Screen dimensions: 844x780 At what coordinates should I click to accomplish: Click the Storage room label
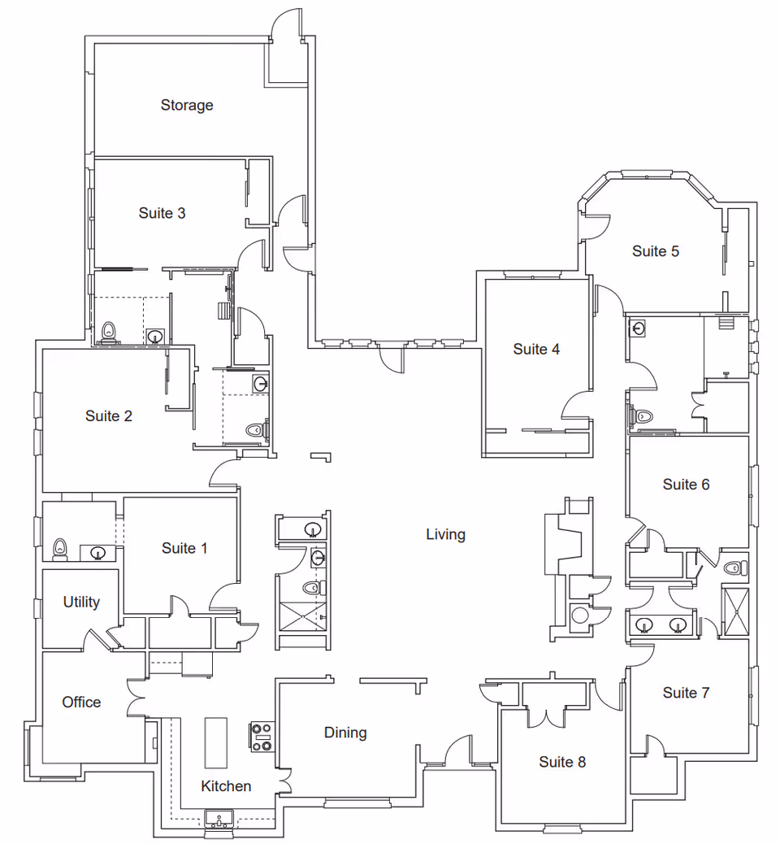(x=187, y=105)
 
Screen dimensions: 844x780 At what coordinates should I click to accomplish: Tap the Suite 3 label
(x=162, y=213)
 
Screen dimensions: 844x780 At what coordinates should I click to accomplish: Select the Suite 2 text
(x=109, y=416)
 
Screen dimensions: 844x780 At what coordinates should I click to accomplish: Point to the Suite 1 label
(x=184, y=548)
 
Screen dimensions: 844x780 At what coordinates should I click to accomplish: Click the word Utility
(x=81, y=602)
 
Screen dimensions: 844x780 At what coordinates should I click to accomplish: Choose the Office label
(x=82, y=702)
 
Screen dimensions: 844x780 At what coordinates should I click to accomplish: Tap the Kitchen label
(x=226, y=786)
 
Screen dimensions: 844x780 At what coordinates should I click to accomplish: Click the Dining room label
(x=345, y=733)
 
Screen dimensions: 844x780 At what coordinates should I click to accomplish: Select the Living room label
(x=445, y=534)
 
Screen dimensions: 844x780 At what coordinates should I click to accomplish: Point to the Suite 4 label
(x=536, y=349)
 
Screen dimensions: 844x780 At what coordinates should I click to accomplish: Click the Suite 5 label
(x=656, y=251)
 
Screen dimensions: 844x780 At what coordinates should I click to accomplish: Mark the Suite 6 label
(x=686, y=485)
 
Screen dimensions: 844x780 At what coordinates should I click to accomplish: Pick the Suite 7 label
(x=686, y=693)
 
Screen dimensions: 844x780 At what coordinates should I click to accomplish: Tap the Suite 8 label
(x=562, y=762)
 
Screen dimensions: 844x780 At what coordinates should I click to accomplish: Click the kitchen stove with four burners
(x=261, y=737)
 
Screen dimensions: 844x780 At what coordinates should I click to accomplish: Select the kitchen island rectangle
(x=215, y=742)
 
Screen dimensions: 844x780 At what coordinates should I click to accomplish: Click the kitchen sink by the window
(x=219, y=818)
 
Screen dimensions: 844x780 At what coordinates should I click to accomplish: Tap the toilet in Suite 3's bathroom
(x=108, y=332)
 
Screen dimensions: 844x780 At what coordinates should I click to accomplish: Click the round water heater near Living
(x=579, y=615)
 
